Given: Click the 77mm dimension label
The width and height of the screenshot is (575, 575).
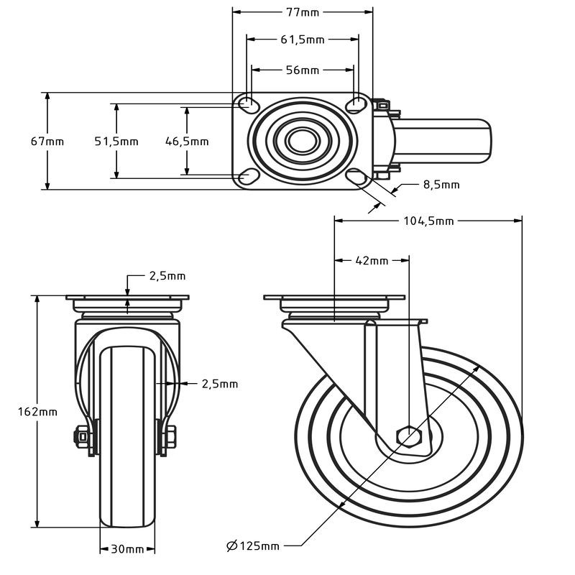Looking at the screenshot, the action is (303, 12).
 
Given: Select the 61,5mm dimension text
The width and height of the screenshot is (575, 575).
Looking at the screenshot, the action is (303, 40).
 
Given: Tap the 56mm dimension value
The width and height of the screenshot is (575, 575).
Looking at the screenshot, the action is (303, 70).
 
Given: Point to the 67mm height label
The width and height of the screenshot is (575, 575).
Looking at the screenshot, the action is (47, 141).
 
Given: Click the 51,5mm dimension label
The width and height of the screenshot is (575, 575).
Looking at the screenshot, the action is (116, 141).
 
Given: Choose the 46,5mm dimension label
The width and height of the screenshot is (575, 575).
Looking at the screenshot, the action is (187, 141).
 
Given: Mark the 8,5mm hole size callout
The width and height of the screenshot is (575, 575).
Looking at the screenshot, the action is (441, 184).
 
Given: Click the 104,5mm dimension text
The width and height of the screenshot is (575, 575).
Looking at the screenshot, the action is (428, 221).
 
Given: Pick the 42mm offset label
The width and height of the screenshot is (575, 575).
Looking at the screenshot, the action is (372, 260).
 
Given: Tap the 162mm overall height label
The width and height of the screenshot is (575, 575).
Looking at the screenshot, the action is (38, 412).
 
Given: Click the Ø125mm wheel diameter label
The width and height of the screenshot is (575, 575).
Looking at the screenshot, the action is (253, 546).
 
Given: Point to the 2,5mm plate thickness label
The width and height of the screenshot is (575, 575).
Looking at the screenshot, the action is (167, 276).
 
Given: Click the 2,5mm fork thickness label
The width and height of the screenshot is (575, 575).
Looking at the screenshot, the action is (220, 384).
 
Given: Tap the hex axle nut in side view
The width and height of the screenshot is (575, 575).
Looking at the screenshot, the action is (409, 437).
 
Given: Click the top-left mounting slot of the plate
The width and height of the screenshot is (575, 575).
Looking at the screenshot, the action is (249, 103).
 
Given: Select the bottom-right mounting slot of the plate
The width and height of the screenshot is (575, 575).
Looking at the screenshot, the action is (356, 177).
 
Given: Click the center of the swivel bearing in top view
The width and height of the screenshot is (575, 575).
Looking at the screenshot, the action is (303, 141).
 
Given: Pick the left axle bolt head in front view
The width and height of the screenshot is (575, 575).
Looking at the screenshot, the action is (81, 437).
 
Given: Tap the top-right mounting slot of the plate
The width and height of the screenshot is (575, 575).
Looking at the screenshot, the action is (356, 103).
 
